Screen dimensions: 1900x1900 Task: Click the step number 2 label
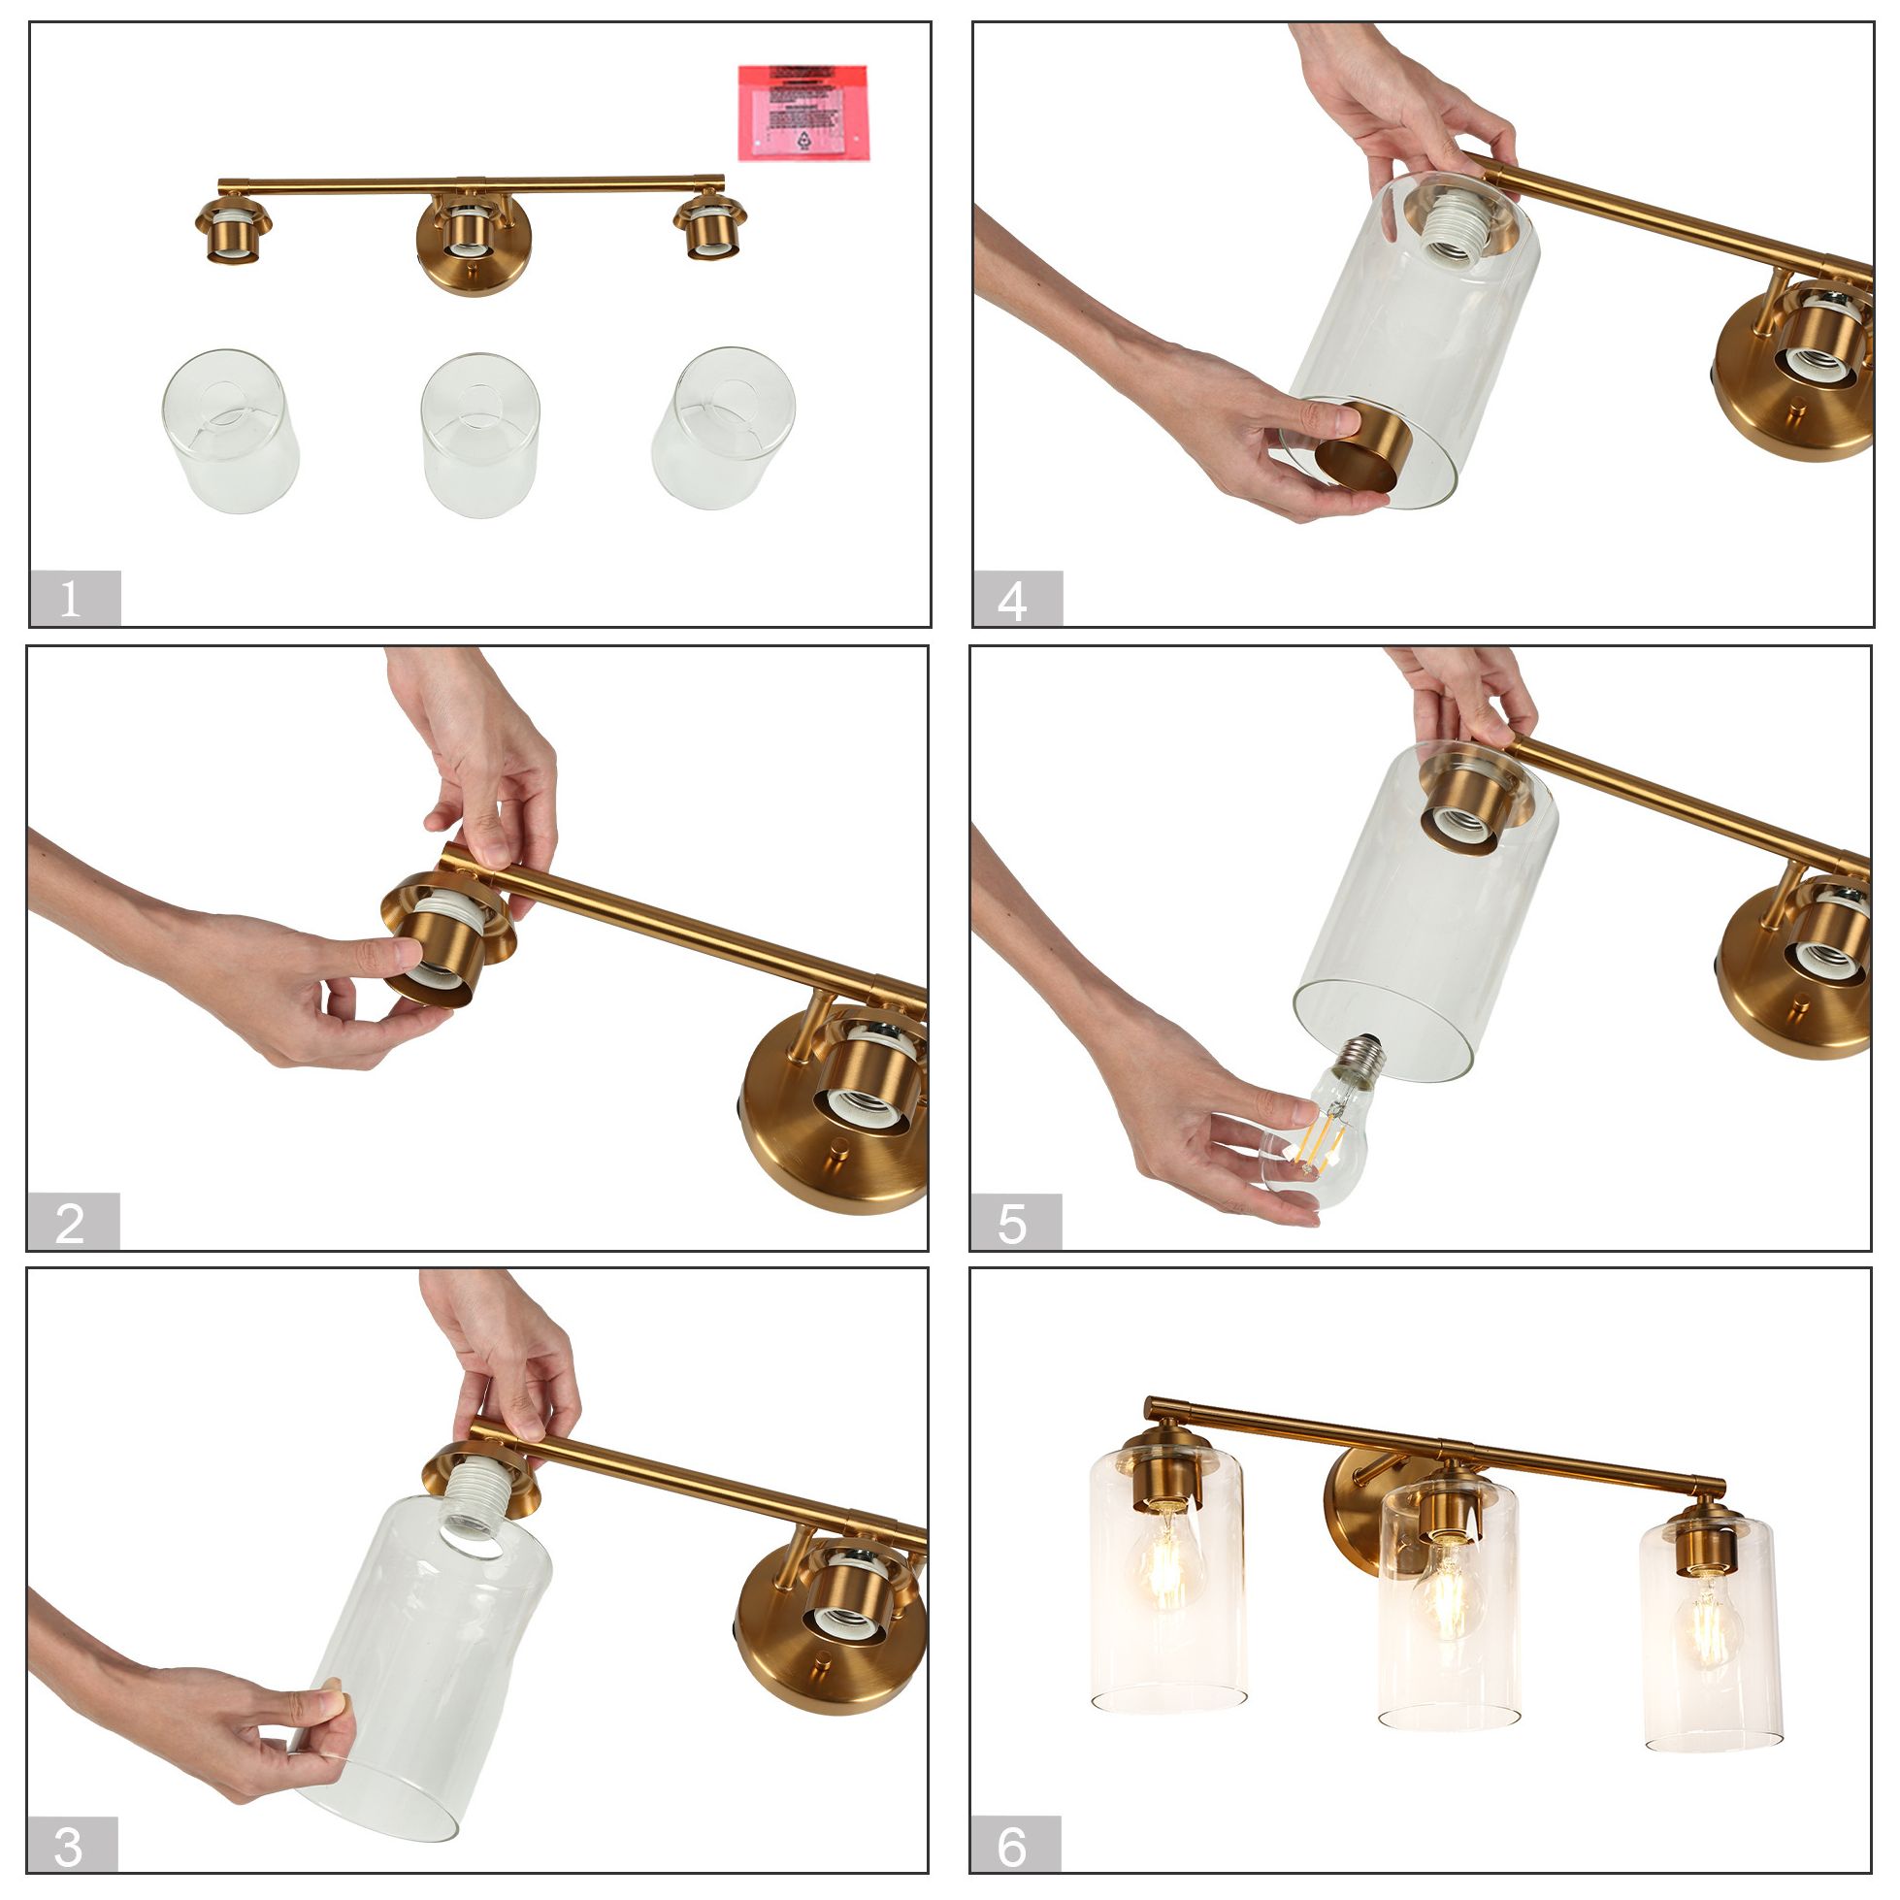click(72, 1222)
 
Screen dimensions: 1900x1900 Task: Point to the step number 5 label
click(1015, 1223)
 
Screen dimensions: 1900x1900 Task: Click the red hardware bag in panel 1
click(803, 113)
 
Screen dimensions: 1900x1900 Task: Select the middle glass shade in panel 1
click(480, 435)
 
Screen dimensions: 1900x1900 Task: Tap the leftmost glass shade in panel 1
click(230, 431)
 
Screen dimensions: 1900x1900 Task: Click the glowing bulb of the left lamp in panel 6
click(1166, 1567)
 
